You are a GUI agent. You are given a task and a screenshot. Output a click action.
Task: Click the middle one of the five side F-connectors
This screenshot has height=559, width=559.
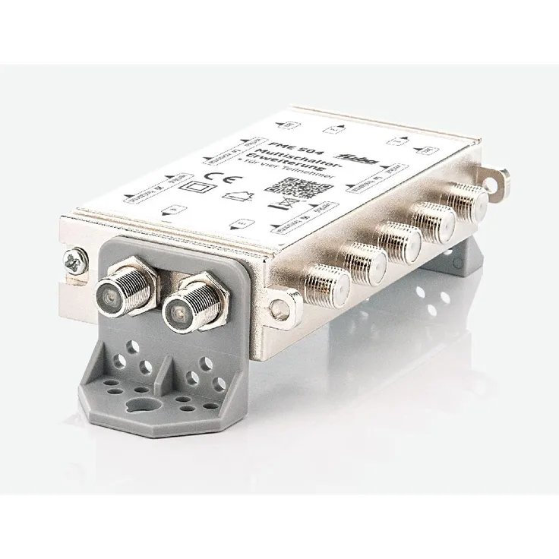coord(400,238)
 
